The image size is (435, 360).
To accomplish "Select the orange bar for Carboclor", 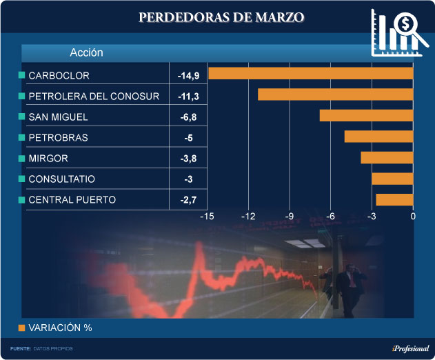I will pos(310,73).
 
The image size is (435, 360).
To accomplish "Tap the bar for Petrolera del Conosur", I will pos(335,94).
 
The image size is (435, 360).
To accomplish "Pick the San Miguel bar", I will pos(366,115).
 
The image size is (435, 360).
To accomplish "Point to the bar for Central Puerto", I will pos(394,199).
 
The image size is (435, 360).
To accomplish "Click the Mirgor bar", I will pos(387,158).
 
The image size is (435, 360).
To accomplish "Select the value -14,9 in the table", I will pos(188,75).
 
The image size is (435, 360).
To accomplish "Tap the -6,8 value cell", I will pos(188,117).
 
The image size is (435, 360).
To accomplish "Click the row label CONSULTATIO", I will pos(61,179).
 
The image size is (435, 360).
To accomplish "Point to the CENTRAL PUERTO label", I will pos(72,200).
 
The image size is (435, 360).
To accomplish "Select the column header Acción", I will pos(86,52).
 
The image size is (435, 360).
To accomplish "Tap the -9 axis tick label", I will pos(290,217).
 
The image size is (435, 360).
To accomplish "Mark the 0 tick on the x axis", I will pos(413,217).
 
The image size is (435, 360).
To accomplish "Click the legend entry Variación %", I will pos(60,328).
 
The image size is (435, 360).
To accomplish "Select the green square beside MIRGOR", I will pos(22,159).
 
